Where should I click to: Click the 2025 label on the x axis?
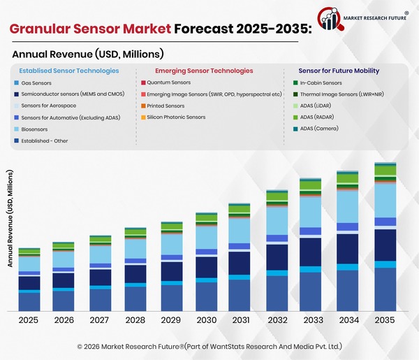tap(29, 320)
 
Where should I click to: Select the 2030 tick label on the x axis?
tap(206, 320)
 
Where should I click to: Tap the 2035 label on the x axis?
tap(385, 320)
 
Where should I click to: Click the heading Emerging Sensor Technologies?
tap(203, 71)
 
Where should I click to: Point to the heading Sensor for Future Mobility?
tap(339, 71)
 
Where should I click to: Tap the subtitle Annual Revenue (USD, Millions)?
tap(87, 54)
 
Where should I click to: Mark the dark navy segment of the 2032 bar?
tap(277, 257)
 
